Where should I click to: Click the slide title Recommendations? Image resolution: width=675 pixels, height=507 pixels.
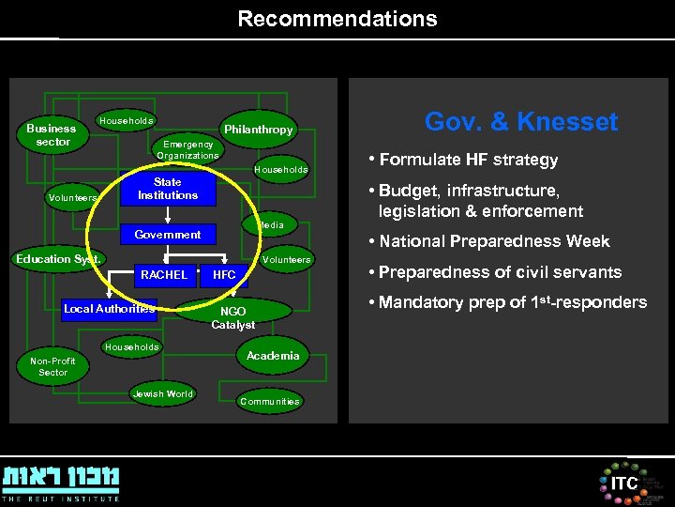tap(337, 19)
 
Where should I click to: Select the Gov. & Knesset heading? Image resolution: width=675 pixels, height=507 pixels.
tap(521, 122)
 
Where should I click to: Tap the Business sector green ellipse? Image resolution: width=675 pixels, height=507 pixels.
tap(52, 135)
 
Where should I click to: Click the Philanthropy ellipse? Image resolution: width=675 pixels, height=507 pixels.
tap(258, 130)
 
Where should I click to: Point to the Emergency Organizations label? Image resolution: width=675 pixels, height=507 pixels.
tap(187, 149)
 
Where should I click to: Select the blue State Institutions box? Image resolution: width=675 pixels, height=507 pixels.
tap(168, 189)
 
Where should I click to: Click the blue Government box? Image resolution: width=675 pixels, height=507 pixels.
tap(168, 235)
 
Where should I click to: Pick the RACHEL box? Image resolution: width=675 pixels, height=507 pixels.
tap(163, 275)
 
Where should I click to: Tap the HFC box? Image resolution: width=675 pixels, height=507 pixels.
tap(225, 275)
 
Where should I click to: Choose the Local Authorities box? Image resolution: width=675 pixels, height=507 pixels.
tap(109, 309)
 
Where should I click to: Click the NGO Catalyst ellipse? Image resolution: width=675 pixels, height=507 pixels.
tap(233, 315)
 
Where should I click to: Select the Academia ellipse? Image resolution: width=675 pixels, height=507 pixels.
tap(273, 356)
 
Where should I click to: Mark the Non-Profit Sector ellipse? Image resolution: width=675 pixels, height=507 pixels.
tap(53, 366)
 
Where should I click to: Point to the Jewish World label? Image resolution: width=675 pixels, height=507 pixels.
tap(163, 394)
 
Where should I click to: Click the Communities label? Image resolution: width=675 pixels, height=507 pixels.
tap(270, 402)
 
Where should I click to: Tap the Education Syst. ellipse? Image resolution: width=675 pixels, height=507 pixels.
tap(59, 259)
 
